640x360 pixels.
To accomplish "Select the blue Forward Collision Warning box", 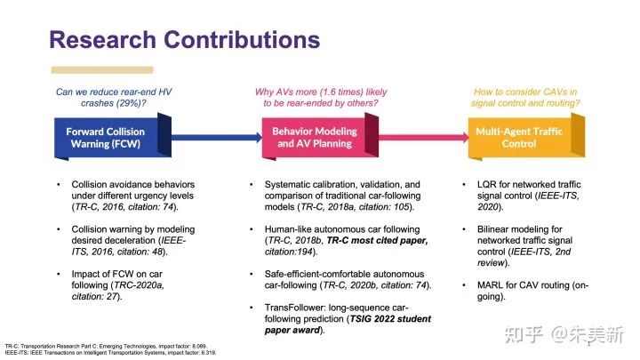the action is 106,137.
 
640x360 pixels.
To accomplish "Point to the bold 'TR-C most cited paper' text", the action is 364,240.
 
